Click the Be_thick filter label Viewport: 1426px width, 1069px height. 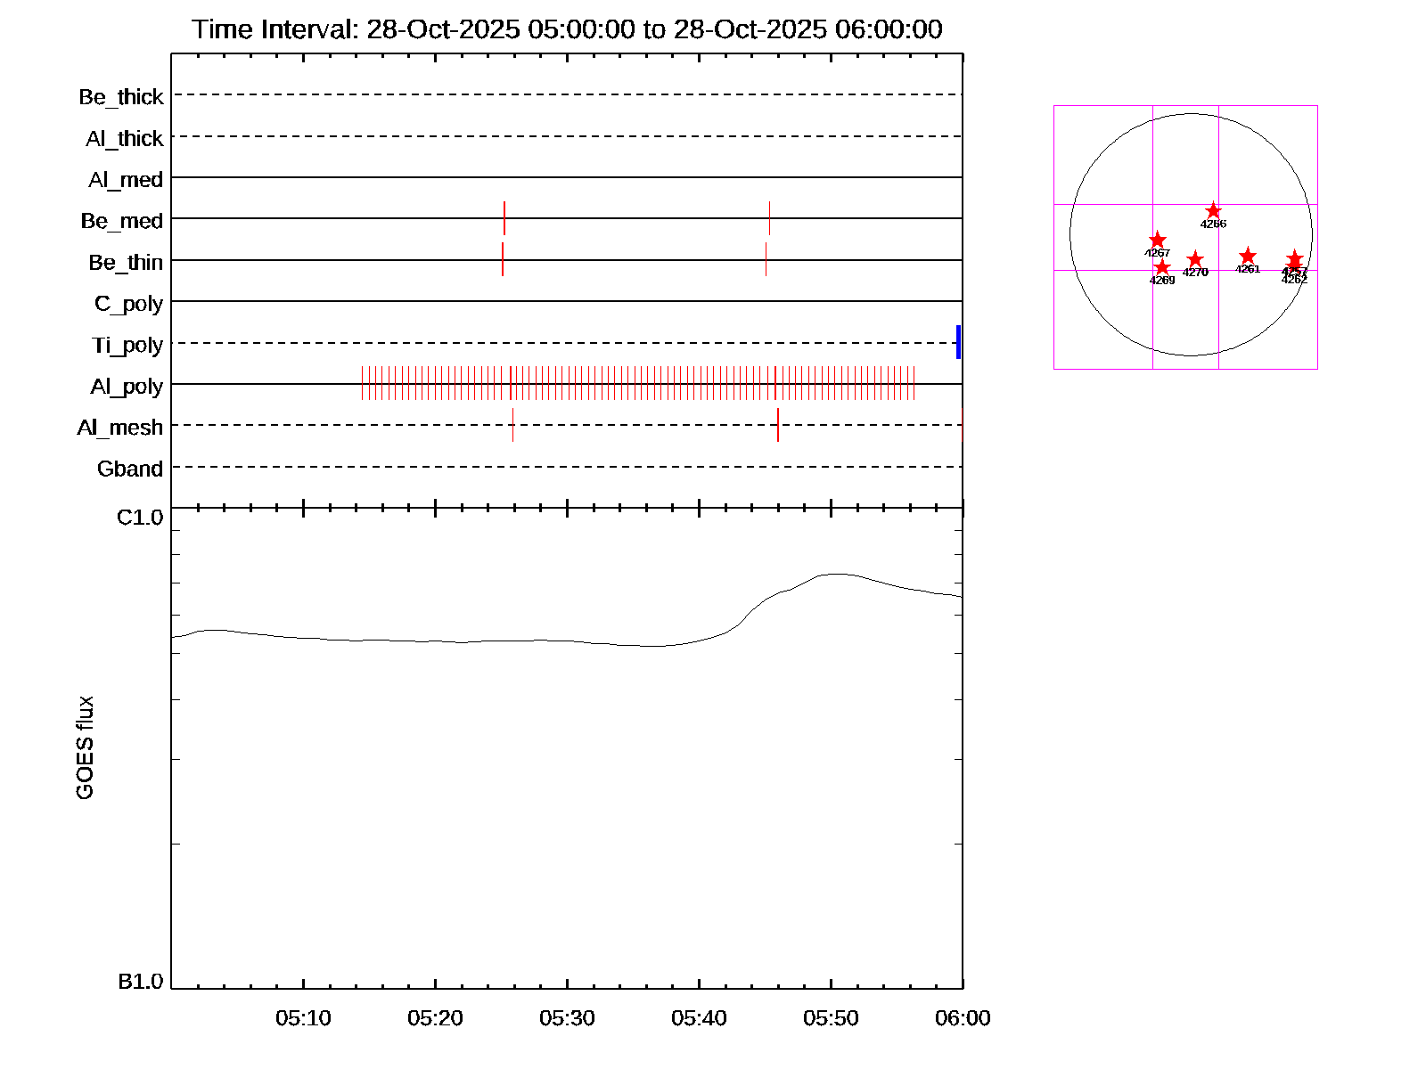coord(121,97)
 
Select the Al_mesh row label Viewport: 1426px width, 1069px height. coord(120,428)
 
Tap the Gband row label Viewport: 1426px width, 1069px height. coord(130,469)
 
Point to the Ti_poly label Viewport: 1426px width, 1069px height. coord(127,345)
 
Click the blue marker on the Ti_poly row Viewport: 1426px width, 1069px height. coord(958,342)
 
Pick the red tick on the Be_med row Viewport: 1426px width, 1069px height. coord(504,218)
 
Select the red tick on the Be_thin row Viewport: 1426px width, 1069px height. coord(503,259)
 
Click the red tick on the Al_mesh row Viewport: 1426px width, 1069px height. coord(778,425)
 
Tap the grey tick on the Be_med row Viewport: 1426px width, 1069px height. coord(769,218)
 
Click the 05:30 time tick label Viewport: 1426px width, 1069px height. coord(567,1018)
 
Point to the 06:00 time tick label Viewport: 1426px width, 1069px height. coord(963,1018)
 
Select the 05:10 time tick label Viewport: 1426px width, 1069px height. coord(303,1018)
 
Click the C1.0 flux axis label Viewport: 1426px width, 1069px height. coord(140,518)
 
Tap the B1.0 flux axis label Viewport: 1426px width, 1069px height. coord(140,982)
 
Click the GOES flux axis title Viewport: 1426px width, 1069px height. coord(86,748)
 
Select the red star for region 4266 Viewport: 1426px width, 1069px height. coord(1213,211)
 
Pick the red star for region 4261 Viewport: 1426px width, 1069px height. coord(1248,257)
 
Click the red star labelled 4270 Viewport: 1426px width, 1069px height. coord(1195,260)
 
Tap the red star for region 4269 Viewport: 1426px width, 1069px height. coord(1162,267)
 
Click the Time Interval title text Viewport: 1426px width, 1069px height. coord(567,29)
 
